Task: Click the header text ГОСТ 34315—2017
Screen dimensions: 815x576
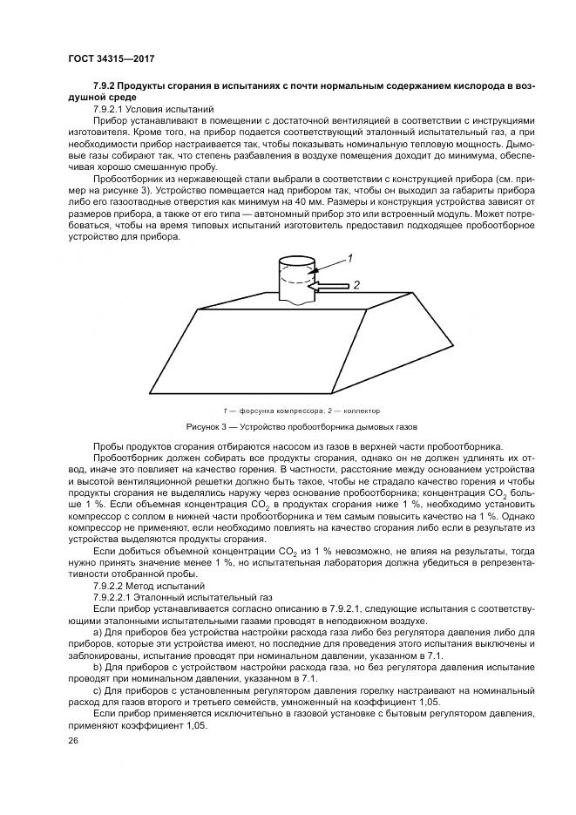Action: [105, 58]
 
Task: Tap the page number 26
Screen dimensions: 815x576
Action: [72, 741]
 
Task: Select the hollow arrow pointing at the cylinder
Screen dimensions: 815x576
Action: [329, 285]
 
